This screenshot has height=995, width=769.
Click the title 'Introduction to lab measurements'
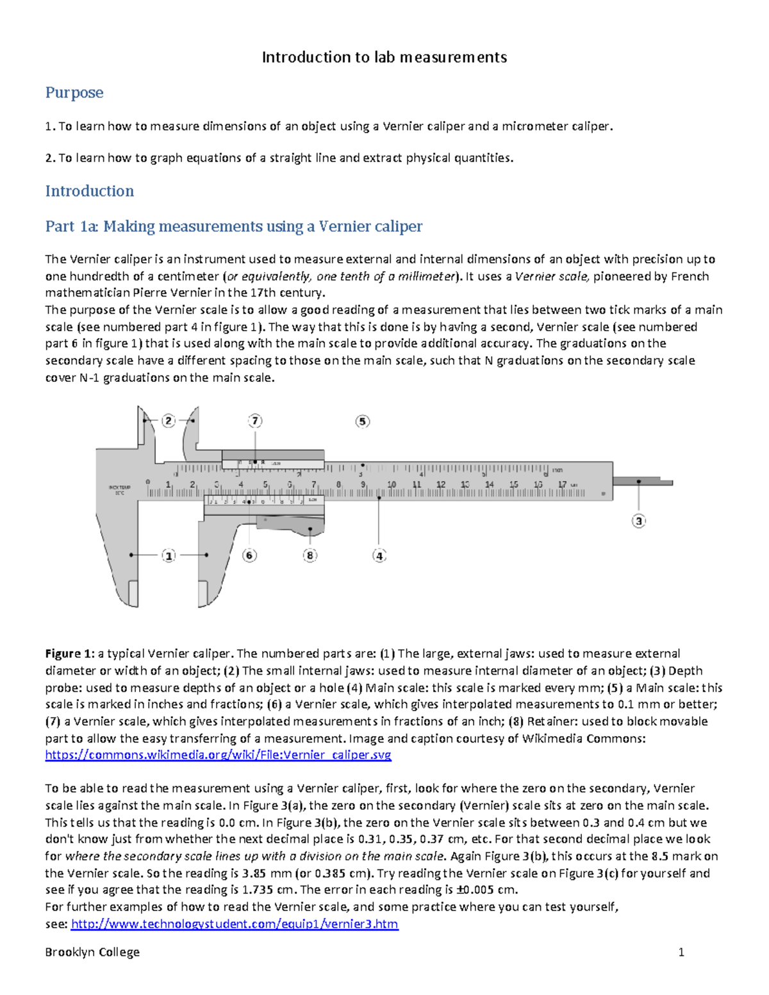[384, 58]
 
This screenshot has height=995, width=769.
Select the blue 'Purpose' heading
[74, 93]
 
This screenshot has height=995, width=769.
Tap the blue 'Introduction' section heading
[90, 191]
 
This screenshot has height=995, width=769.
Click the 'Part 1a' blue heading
[234, 226]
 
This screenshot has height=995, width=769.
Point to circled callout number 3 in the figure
[638, 521]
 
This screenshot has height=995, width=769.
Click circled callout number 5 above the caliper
[363, 421]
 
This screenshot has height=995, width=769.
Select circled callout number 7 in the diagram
[255, 421]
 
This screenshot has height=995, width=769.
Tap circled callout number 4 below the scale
[379, 555]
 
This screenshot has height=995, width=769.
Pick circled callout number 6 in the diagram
[249, 555]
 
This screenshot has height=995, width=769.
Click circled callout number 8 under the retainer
[310, 555]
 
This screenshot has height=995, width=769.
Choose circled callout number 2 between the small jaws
[169, 421]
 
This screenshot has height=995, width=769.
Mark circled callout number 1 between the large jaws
[169, 555]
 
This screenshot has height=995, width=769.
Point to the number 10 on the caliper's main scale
[392, 485]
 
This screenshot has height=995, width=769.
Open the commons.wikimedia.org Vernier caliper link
[218, 755]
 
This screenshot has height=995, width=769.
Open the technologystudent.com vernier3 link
[235, 924]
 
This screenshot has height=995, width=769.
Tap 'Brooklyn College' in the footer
[92, 952]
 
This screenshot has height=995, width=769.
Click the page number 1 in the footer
[681, 952]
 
